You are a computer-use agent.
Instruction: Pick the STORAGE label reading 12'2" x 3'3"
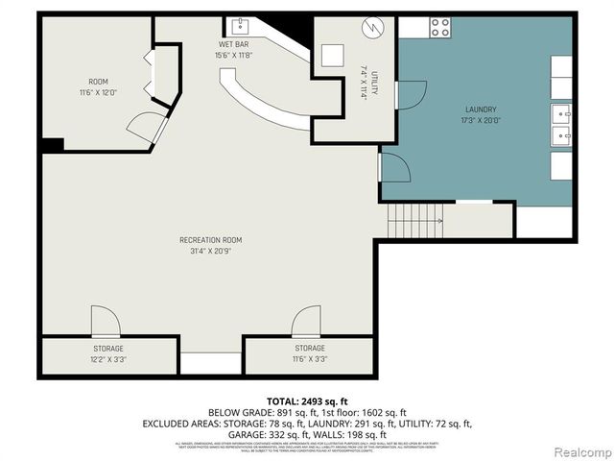point(107,353)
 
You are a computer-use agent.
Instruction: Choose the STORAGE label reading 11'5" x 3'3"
point(309,353)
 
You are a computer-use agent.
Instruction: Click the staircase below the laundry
point(415,223)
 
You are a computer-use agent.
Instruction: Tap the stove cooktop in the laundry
point(440,27)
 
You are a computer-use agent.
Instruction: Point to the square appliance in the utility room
point(332,55)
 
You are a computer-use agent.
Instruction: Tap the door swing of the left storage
point(105,321)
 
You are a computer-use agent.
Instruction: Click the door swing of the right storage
point(307,321)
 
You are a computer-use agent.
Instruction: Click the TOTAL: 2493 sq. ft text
point(306,400)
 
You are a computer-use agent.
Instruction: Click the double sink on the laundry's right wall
point(560,122)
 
